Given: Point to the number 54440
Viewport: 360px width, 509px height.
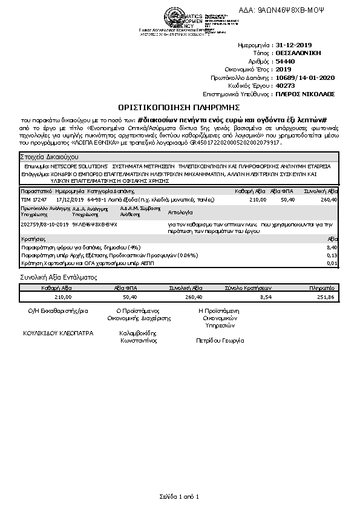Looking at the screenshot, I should pos(285,61).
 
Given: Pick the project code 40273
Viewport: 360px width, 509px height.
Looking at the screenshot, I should pos(285,86).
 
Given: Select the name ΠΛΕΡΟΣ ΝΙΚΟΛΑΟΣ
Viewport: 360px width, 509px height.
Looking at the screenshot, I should pos(305,94).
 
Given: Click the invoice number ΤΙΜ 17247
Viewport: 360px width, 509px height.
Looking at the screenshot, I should pos(34,199).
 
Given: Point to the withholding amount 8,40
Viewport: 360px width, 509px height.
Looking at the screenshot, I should pos(332,248).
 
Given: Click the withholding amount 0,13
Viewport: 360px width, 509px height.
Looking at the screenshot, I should pos(332,255).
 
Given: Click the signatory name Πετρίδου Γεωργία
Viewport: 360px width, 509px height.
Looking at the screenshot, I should pos(220,341).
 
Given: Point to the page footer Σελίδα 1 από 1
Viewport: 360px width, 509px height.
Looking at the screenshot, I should pos(179,496).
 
